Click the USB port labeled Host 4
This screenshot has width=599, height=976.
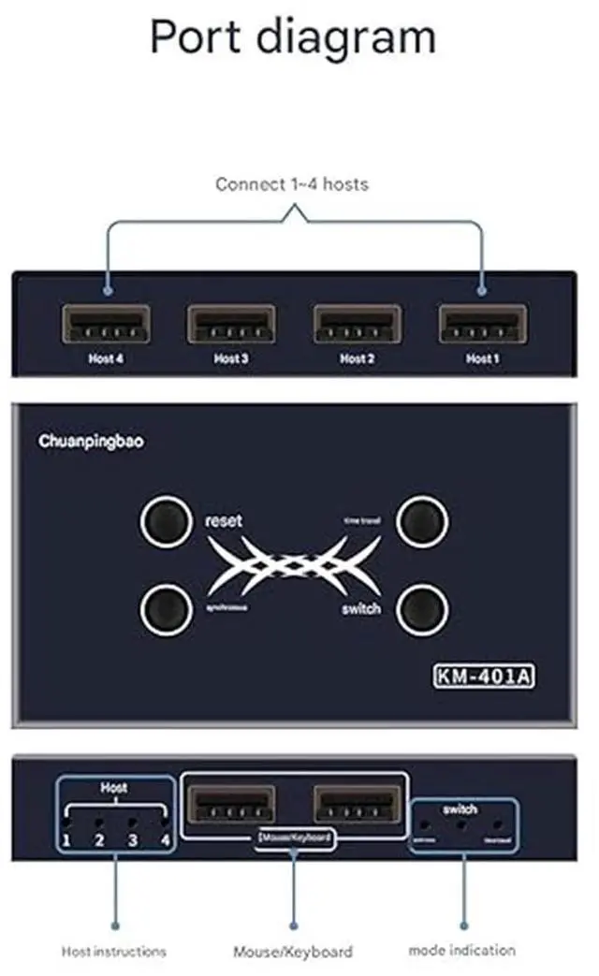[105, 326]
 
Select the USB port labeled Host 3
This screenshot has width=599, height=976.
[230, 326]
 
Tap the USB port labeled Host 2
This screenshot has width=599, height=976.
[357, 326]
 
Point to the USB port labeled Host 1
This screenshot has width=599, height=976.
[482, 326]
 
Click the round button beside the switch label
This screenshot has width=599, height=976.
[421, 610]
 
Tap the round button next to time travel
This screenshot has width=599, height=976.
[421, 522]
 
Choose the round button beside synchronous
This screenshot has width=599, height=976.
[167, 610]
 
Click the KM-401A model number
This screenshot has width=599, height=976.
[485, 676]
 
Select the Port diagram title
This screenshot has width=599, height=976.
[293, 37]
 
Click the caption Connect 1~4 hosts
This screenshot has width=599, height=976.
[292, 184]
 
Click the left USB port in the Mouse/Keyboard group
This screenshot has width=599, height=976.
[231, 805]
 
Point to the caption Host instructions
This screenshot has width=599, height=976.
[113, 952]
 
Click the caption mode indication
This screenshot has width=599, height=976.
[461, 950]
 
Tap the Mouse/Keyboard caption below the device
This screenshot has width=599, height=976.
[293, 952]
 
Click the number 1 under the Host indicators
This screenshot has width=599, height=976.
[66, 840]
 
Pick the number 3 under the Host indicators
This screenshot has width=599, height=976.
[133, 840]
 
